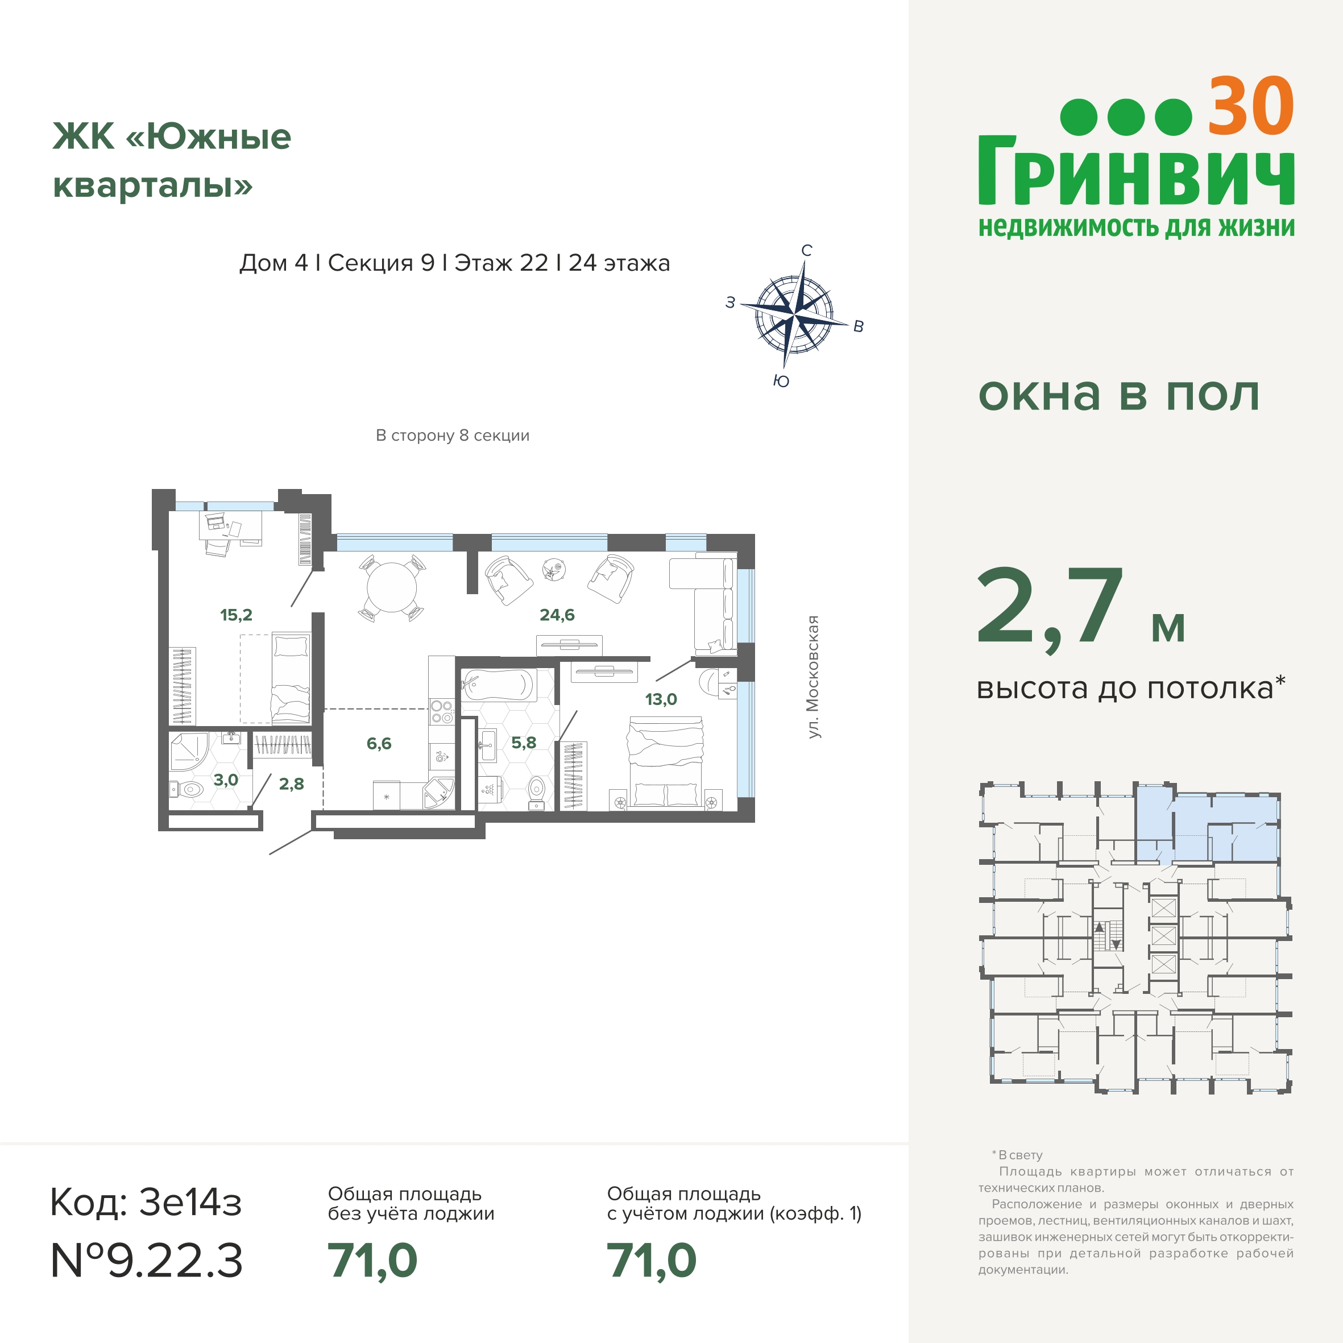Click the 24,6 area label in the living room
coord(557,615)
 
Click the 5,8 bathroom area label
coord(524,743)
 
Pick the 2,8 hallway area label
coord(291,784)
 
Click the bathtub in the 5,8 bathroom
coord(498,685)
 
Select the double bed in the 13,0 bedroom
coord(666,762)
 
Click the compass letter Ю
coord(781,381)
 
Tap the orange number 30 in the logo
coord(1250,107)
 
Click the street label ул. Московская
coord(813,677)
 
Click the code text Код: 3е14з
coord(146,1202)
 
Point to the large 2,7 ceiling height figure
coord(1050,609)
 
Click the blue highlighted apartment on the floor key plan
coord(1208,827)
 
